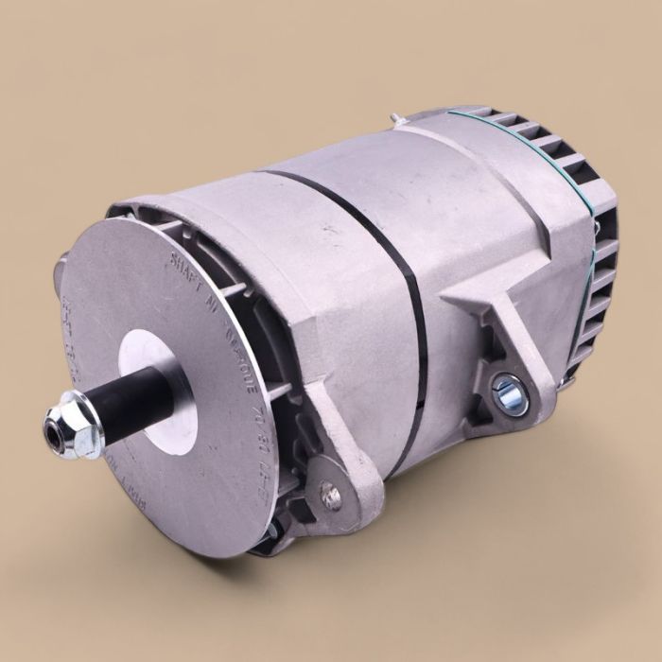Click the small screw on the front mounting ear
pyautogui.click(x=331, y=495)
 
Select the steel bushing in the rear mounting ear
pyautogui.click(x=510, y=392)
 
